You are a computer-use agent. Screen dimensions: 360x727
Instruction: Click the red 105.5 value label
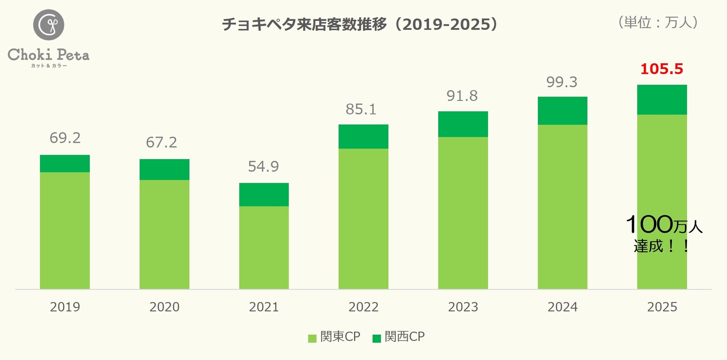[661, 69]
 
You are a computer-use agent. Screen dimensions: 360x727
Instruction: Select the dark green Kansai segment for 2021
[264, 194]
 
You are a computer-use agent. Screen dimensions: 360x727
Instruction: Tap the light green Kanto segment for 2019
[65, 230]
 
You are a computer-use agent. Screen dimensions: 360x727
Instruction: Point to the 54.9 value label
[263, 166]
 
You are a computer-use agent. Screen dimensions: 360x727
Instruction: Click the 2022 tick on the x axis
[363, 307]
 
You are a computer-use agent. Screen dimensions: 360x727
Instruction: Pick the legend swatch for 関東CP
[312, 338]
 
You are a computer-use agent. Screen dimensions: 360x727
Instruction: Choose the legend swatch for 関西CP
[377, 338]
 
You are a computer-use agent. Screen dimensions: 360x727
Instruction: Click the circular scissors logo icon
[48, 25]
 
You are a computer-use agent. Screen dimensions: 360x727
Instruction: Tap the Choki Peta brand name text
[48, 55]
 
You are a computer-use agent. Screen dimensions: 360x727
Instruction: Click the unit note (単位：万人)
[658, 22]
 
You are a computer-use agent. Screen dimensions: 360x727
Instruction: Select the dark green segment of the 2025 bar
[662, 100]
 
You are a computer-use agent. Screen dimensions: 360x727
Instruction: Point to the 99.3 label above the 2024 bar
[561, 82]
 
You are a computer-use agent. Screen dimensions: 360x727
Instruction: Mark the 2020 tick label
[164, 307]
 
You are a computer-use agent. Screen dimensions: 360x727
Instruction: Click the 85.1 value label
[361, 109]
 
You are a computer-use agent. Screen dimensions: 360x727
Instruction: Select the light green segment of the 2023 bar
[463, 213]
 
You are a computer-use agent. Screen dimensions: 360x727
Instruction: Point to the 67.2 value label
[161, 143]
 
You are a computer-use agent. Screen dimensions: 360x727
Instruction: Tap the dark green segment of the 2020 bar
[164, 169]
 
